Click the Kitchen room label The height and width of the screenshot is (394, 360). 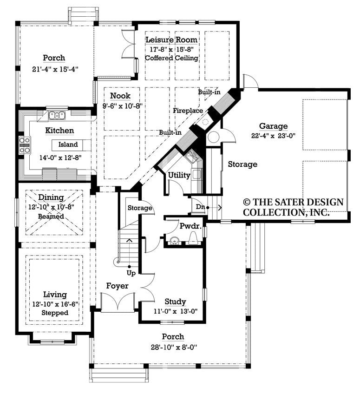(x=59, y=131)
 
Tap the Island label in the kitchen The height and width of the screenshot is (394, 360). (x=68, y=144)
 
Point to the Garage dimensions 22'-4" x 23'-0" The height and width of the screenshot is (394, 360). (x=273, y=136)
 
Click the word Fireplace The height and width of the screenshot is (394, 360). (x=188, y=111)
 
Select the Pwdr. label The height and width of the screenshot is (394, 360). (x=190, y=226)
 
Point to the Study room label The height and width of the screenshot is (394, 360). (x=175, y=301)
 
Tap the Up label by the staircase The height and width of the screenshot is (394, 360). (x=131, y=273)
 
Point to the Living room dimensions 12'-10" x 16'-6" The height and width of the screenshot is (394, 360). (x=55, y=304)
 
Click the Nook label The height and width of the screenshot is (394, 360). (x=119, y=96)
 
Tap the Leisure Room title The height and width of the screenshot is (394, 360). (x=171, y=40)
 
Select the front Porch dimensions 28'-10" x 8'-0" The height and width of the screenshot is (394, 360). (x=172, y=346)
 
